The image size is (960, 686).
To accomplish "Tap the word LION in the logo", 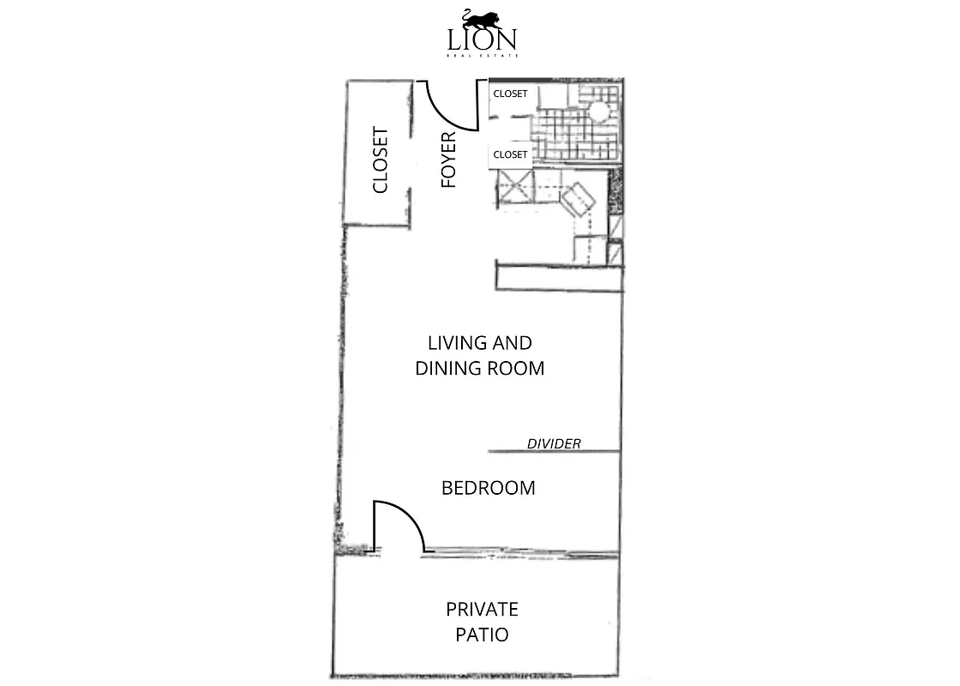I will tap(481, 39).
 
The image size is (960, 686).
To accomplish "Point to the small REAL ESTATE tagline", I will tap(481, 56).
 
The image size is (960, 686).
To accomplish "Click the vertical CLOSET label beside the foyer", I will tap(381, 160).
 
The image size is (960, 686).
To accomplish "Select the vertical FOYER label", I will tap(448, 159).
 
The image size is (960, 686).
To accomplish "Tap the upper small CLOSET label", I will tap(510, 93).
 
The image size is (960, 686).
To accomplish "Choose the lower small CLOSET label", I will tap(510, 154).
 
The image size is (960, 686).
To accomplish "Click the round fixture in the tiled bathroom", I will tap(598, 111).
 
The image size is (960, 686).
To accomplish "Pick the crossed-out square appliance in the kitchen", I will tap(515, 188).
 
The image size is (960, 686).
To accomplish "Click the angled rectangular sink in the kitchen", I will tap(578, 198).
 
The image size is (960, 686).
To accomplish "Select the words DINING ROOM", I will tap(480, 369).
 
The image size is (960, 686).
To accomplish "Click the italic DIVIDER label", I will tap(554, 443).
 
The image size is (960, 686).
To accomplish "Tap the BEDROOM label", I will tap(488, 488).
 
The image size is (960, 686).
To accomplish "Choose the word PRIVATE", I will tap(482, 610).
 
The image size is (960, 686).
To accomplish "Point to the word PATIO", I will tap(482, 635).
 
